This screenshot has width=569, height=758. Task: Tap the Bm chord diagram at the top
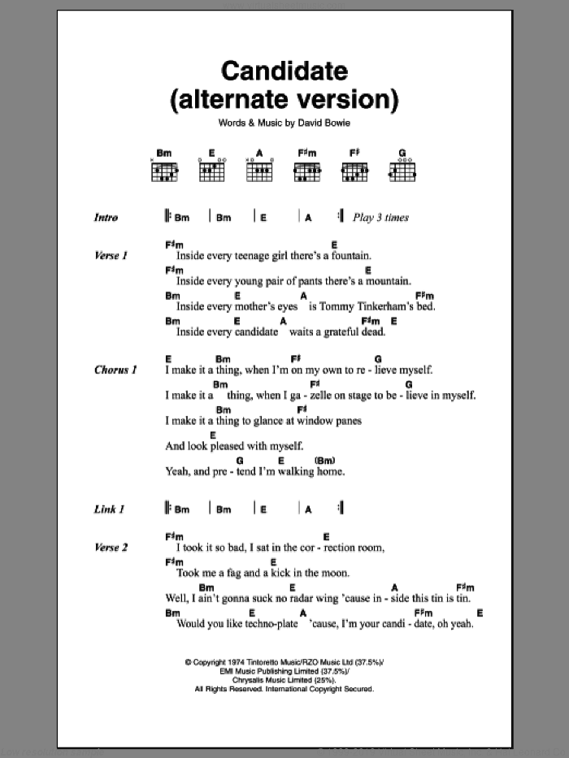point(164,167)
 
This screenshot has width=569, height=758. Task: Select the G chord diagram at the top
point(402,167)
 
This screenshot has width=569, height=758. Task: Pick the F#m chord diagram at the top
point(306,167)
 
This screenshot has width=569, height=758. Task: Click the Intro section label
point(106,218)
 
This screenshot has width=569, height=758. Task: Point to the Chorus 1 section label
point(115,370)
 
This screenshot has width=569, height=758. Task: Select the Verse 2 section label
point(111,548)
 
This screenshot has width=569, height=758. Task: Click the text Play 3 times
point(380,218)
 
